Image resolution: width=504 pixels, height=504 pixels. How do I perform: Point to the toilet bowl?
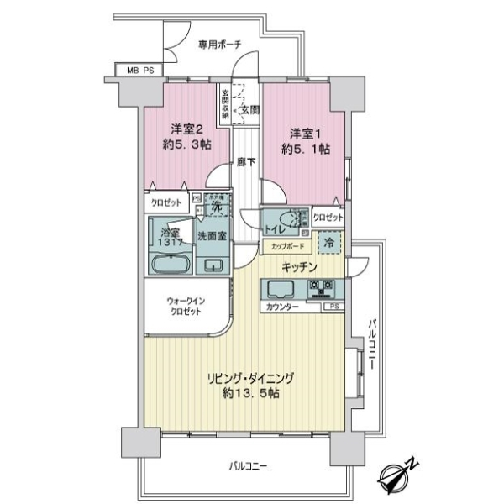(293, 220)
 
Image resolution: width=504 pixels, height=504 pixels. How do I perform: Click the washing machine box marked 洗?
(216, 206)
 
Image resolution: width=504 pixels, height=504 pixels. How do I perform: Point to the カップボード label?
(288, 247)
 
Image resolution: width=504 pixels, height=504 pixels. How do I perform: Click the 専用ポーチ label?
(219, 45)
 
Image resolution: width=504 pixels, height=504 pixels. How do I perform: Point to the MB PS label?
(140, 71)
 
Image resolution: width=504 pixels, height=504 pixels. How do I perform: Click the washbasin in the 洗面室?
(213, 266)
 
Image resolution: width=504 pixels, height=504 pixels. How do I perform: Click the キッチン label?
(299, 267)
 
